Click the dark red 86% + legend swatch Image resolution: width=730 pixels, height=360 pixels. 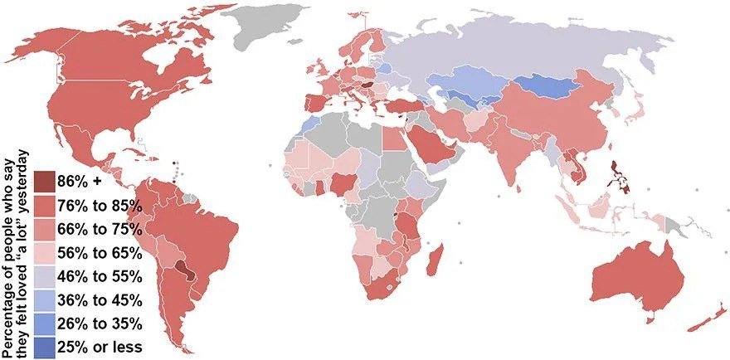(46, 180)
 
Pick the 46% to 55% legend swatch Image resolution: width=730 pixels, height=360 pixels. (46, 275)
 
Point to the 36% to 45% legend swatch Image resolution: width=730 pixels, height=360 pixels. (46, 299)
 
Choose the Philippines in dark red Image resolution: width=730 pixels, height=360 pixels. (618, 174)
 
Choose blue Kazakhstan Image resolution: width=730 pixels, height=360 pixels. (469, 83)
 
